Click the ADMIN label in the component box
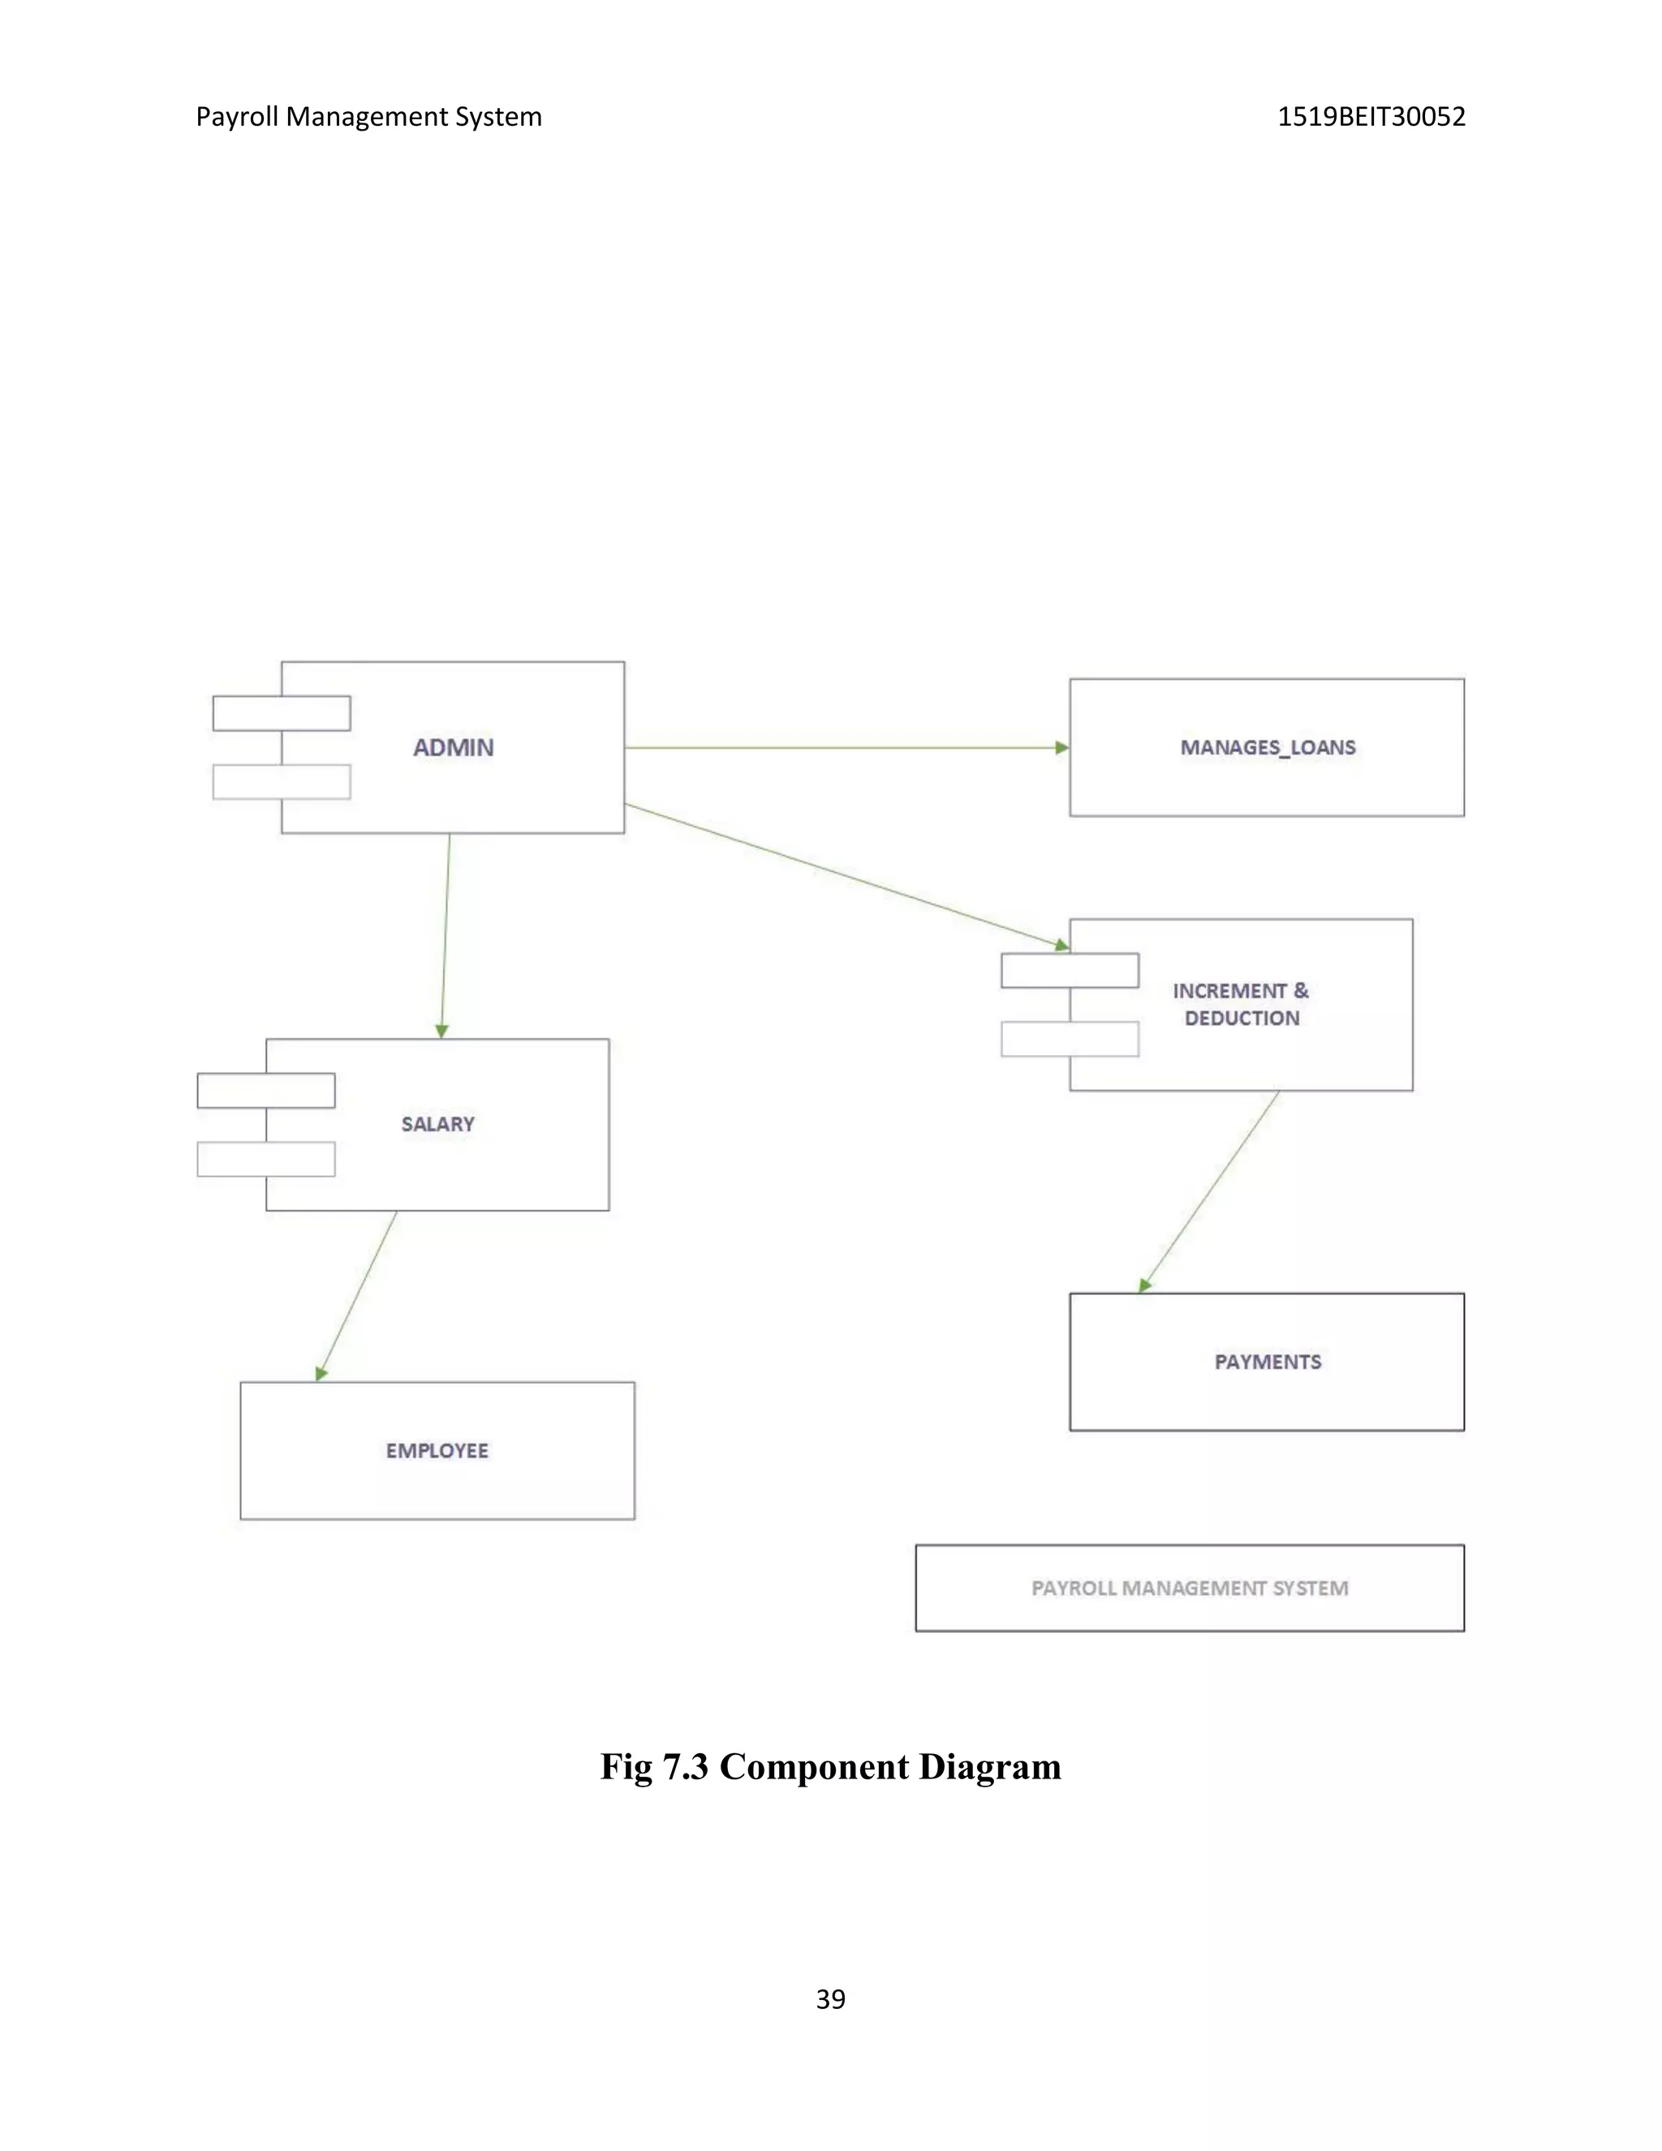tap(453, 748)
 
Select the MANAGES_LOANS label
tap(1267, 748)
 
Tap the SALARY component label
tap(437, 1123)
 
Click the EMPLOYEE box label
tap(437, 1451)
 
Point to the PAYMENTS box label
tap(1267, 1362)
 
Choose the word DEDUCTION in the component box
tap(1242, 1019)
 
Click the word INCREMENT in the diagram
tap(1229, 991)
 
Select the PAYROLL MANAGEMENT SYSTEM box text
tap(1190, 1588)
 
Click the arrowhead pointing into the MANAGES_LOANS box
tap(1061, 748)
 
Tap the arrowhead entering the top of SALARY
tap(442, 1031)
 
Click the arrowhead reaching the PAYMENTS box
tap(1144, 1285)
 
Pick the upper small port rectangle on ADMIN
tap(282, 713)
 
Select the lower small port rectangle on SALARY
tap(266, 1159)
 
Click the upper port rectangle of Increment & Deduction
tap(1070, 970)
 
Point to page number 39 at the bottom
tap(830, 1999)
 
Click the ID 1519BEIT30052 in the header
tap(1371, 117)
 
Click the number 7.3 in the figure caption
tap(684, 1767)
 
